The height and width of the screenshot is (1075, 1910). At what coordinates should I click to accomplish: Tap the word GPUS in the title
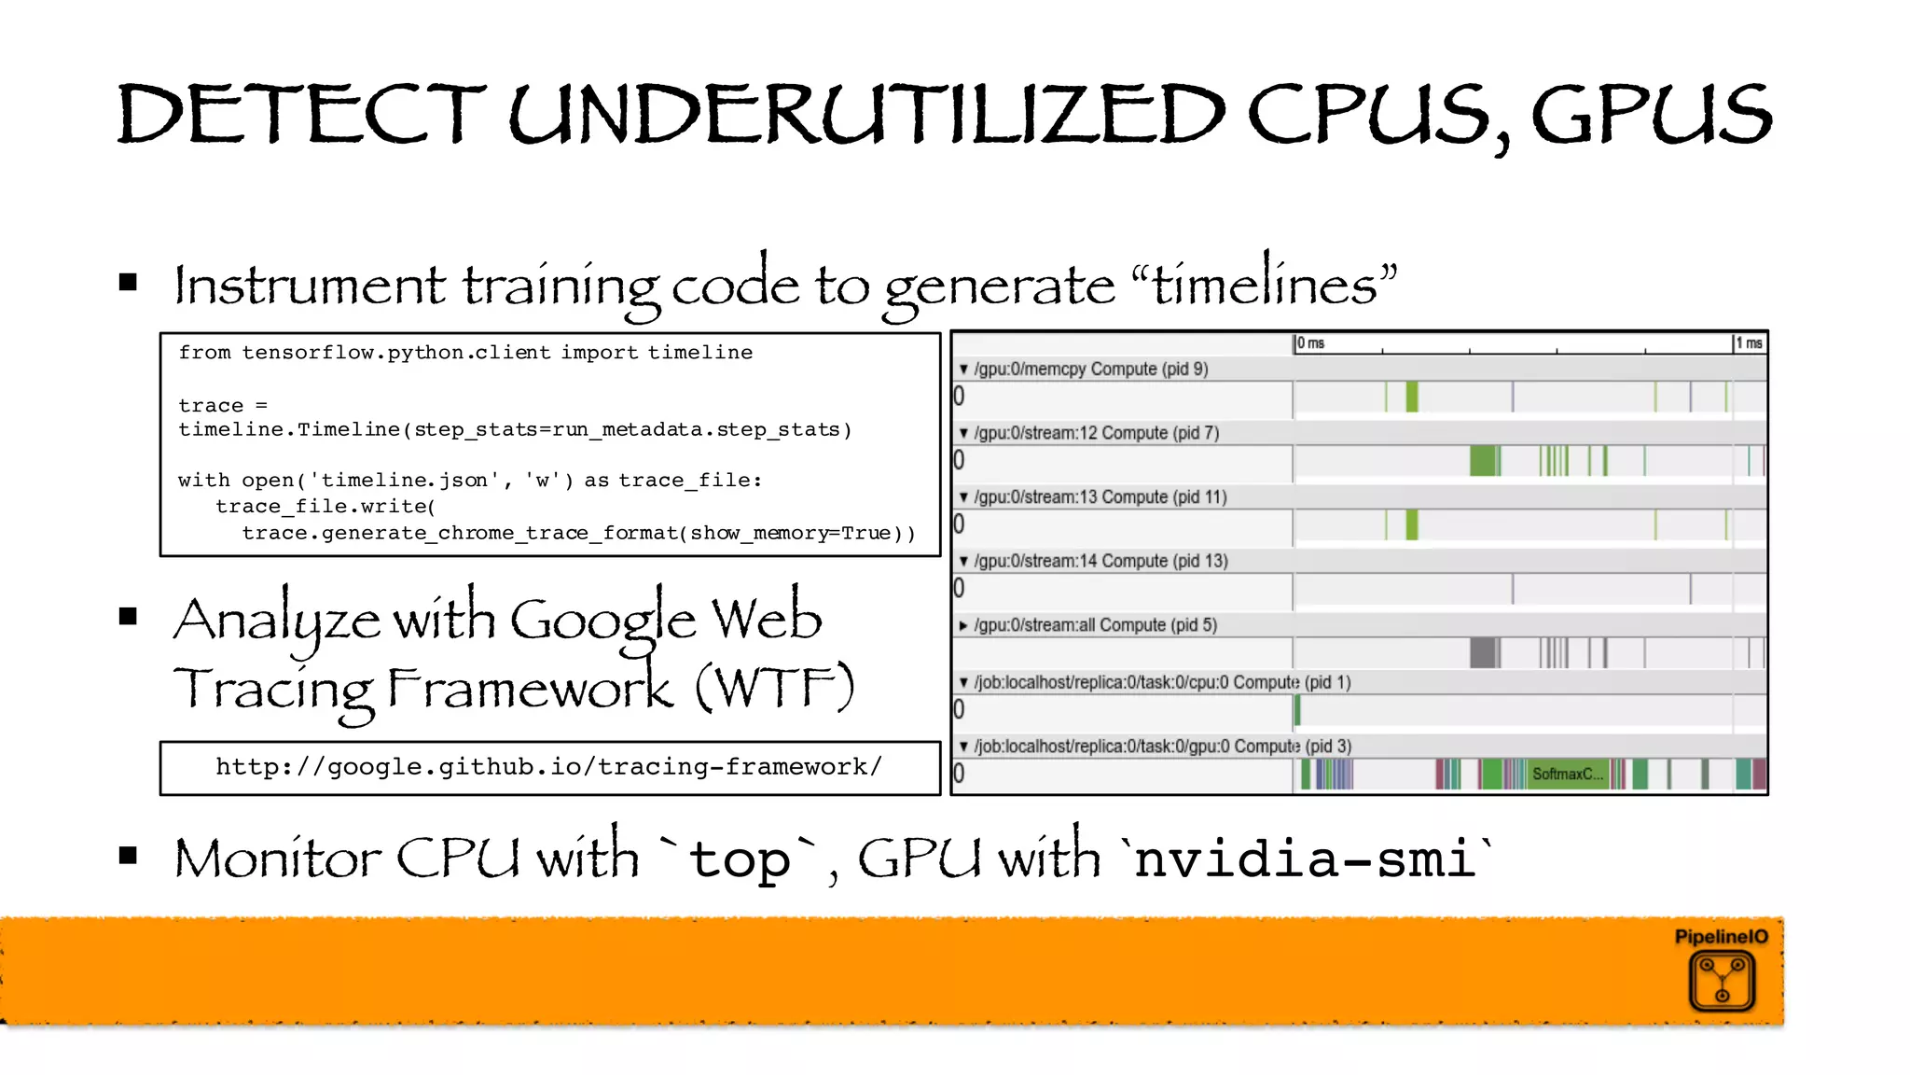(x=1651, y=114)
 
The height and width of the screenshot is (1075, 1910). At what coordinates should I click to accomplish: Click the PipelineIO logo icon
(x=1722, y=980)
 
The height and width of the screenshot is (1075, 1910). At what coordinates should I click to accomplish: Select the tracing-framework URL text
(x=548, y=767)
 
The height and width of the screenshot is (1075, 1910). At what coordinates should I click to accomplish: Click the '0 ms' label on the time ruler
(x=1310, y=343)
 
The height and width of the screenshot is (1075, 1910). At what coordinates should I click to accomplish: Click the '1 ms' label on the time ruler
(x=1749, y=343)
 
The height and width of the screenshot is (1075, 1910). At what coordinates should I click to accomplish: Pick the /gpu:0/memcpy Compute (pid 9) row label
(x=1090, y=369)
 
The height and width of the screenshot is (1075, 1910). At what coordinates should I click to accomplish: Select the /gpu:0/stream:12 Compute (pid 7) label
(x=1096, y=433)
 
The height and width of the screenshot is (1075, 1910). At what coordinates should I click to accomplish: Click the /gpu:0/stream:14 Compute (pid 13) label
(x=1100, y=561)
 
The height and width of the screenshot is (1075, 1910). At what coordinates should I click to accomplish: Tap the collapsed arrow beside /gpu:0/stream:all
(x=963, y=625)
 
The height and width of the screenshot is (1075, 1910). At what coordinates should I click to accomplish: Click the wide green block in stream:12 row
(x=1483, y=460)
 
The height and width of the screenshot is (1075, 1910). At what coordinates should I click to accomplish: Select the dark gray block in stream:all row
(x=1483, y=652)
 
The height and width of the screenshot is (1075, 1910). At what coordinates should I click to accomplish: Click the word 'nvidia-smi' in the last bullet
(x=1306, y=859)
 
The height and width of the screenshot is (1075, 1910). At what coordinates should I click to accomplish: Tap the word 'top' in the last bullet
(x=740, y=859)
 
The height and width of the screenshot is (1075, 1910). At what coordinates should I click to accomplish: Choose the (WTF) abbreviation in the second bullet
(x=774, y=689)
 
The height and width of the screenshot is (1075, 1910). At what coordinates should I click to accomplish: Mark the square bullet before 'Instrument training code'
(x=129, y=282)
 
